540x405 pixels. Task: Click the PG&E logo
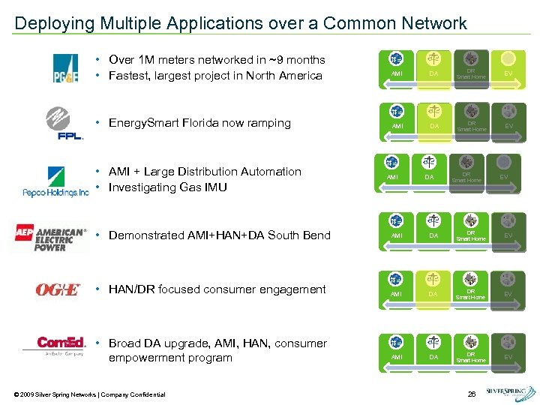click(64, 68)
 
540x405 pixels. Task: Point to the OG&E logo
click(57, 289)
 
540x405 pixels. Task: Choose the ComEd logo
click(61, 346)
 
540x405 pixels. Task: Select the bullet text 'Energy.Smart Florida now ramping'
click(199, 123)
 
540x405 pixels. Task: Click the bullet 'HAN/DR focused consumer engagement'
click(217, 289)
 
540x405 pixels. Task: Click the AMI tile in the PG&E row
click(397, 65)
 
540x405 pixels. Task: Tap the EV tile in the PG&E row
click(508, 65)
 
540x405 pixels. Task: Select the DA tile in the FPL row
click(433, 118)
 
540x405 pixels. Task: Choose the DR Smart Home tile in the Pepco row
click(466, 169)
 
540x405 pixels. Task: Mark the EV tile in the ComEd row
click(508, 349)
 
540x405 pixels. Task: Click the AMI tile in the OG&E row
click(397, 286)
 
